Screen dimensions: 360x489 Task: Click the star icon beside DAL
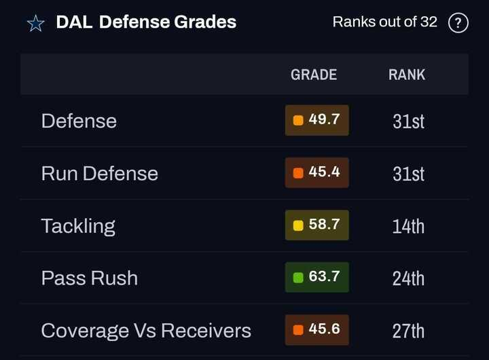(35, 23)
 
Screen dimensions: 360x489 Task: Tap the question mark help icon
(458, 23)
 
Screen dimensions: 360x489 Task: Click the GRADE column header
(314, 75)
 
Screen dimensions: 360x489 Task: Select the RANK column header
(407, 75)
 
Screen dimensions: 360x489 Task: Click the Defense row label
(79, 121)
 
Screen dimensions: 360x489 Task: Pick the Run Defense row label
(99, 173)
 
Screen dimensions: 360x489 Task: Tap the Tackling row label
(78, 226)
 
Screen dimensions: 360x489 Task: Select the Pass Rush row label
(89, 278)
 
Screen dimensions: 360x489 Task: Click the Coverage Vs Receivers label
(146, 331)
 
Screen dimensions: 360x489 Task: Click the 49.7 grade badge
(317, 120)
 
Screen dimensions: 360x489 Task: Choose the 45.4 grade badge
(317, 173)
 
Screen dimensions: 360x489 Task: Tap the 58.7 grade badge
(317, 225)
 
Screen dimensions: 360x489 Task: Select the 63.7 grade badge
(317, 277)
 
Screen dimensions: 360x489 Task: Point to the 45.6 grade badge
(317, 330)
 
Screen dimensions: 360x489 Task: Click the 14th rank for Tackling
(408, 226)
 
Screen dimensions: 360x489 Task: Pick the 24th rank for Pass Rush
(408, 278)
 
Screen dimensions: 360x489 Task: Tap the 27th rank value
(408, 331)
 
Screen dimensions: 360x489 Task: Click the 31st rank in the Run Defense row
(408, 174)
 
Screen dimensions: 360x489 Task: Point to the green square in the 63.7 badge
(298, 278)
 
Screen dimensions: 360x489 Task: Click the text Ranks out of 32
(384, 22)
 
